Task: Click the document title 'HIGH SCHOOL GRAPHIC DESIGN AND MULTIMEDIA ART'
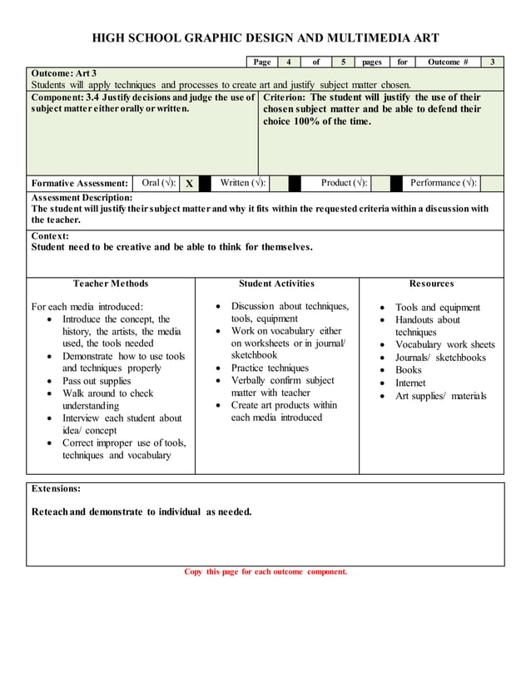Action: coord(265,38)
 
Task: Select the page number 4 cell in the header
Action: coord(288,62)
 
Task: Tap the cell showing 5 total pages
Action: coord(343,62)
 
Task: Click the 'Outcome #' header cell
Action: coord(448,62)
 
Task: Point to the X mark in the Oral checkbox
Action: coord(190,184)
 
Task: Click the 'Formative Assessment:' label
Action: coord(80,184)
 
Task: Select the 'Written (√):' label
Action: coord(243,183)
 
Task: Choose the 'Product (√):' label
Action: coord(345,183)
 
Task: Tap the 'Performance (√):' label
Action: coord(444,183)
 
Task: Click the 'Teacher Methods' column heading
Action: coord(111,284)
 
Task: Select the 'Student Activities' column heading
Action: coord(276,284)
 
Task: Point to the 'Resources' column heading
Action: coord(431,284)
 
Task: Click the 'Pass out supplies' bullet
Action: coord(97,381)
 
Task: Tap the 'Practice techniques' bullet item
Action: coord(270,368)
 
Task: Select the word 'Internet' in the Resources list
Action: coord(409,383)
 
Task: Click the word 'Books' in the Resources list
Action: coord(408,370)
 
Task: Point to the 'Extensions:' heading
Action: coord(56,488)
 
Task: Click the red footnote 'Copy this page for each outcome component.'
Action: coord(265,571)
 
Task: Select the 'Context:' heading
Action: coord(50,236)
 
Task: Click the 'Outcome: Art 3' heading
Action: coord(64,73)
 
